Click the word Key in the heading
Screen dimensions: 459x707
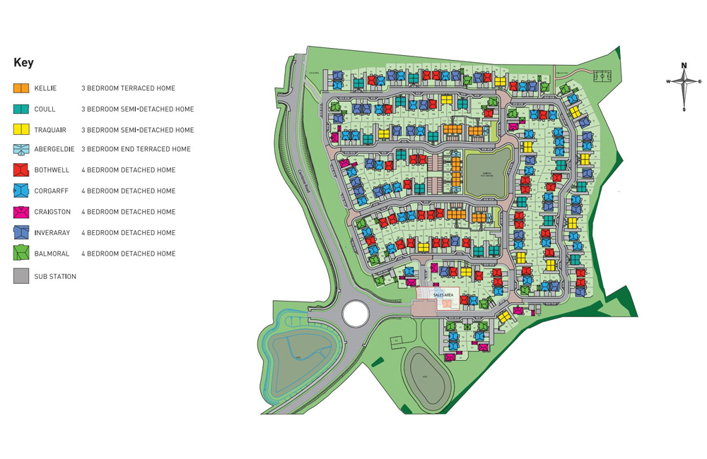coord(23,63)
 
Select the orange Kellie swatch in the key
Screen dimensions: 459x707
coord(21,88)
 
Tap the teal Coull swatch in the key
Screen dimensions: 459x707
coord(21,109)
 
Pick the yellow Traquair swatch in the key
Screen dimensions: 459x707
coord(21,130)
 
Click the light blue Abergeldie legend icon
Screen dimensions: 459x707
coord(21,149)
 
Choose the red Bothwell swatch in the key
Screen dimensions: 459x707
coord(21,170)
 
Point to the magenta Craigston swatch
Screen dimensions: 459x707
coord(21,212)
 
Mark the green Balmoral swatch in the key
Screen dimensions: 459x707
coord(21,253)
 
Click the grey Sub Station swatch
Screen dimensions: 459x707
coord(21,276)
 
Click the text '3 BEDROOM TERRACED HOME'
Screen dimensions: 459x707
coord(128,89)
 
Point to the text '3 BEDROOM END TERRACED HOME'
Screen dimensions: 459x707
coord(136,150)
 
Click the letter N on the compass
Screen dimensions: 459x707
coord(684,66)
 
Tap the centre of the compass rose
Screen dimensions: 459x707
coord(684,82)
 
